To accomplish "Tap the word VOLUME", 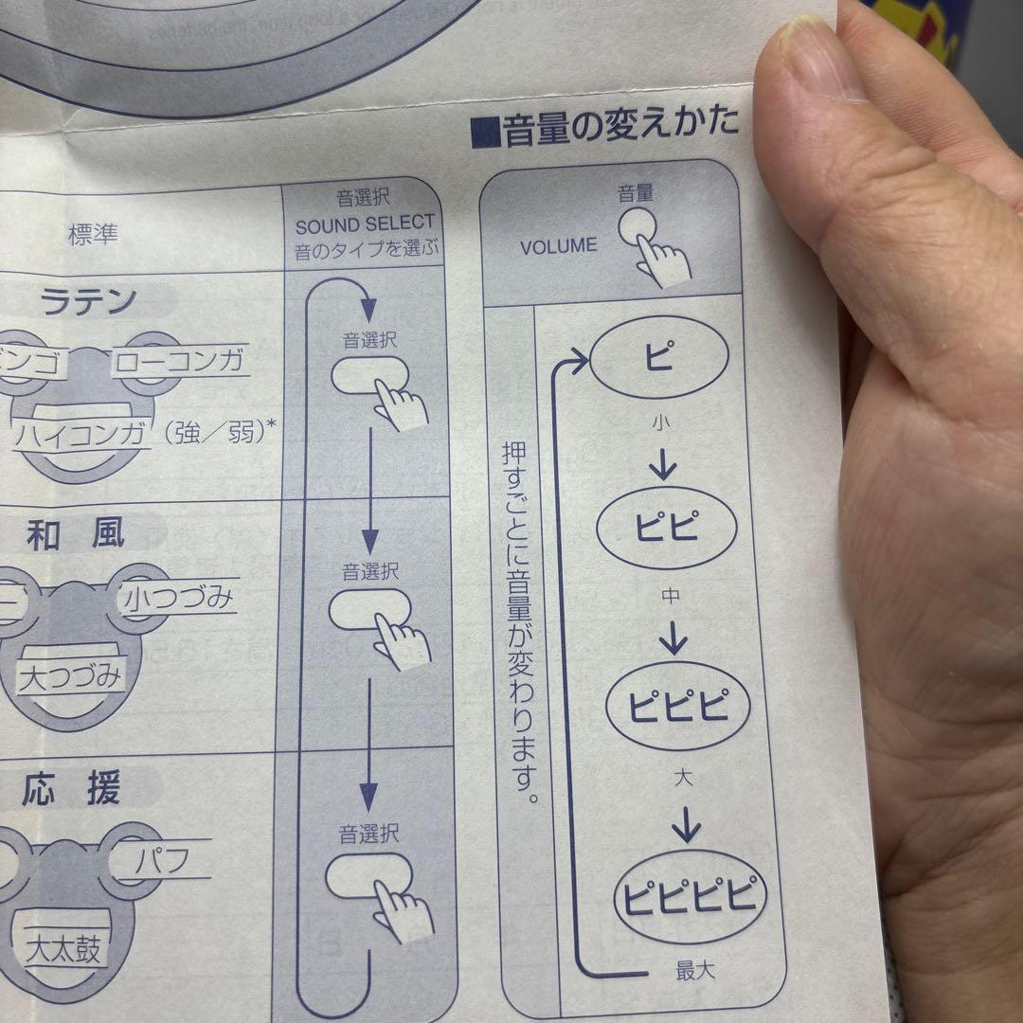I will pos(559,245).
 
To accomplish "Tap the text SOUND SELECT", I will pos(365,225).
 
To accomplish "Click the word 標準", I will pos(93,234).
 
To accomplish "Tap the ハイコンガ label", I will pos(83,435).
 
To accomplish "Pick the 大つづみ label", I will pos(71,676).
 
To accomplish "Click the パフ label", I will pos(161,861).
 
